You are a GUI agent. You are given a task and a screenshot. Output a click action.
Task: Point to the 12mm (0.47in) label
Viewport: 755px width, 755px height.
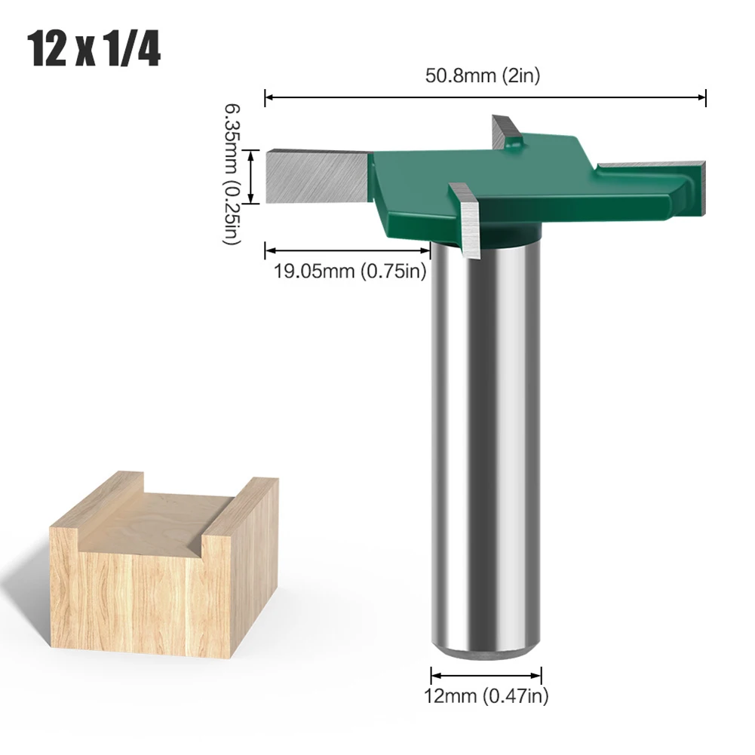click(486, 696)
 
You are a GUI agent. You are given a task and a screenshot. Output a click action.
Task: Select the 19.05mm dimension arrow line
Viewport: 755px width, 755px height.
click(347, 250)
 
